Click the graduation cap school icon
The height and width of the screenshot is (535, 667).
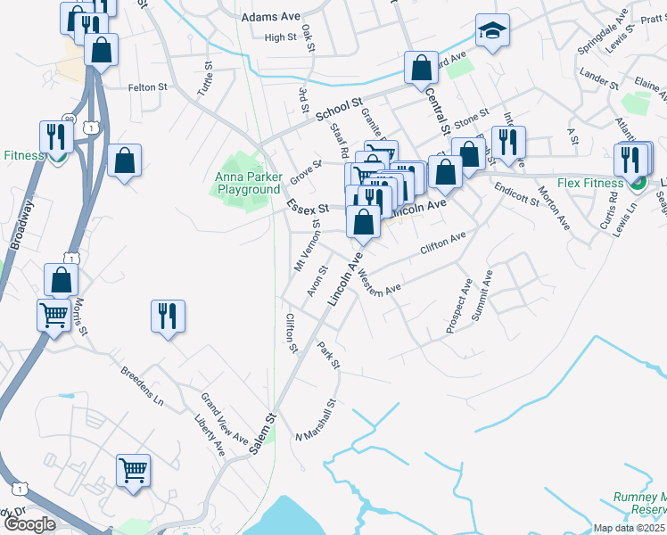[491, 31]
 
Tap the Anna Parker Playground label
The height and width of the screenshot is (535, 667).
[248, 183]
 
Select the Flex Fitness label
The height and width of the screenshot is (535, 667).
[589, 184]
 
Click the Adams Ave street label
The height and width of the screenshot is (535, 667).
[271, 17]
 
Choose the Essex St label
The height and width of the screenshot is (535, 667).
[307, 206]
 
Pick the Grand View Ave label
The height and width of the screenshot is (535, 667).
[224, 418]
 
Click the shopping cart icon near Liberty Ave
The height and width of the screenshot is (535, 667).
[133, 469]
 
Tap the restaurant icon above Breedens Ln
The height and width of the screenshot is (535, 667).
[168, 317]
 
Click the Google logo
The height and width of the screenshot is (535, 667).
[29, 524]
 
